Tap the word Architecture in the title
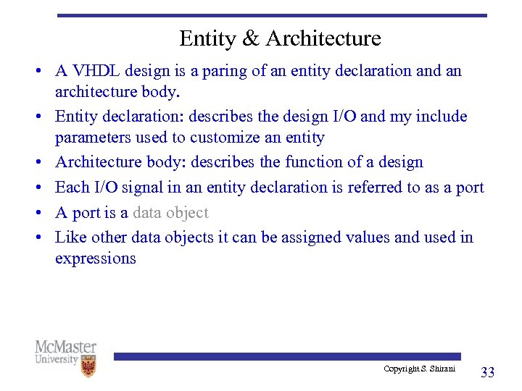pos(323,38)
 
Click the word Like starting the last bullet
pos(70,237)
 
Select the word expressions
pos(95,258)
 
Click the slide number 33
pos(487,372)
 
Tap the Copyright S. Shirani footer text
pos(419,369)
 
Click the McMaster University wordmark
pos(65,353)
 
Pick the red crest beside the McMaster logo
pos(88,366)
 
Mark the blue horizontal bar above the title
pos(272,15)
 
